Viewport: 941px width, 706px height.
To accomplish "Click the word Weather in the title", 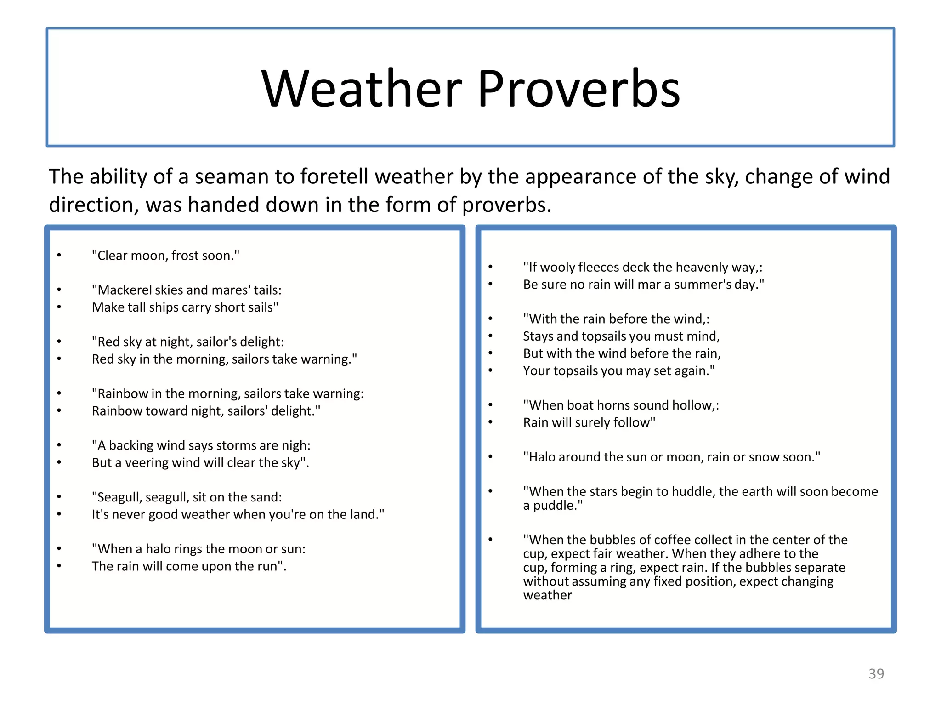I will coord(362,88).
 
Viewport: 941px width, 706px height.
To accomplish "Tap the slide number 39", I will coord(876,673).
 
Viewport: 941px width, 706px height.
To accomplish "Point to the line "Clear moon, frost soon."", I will coord(165,256).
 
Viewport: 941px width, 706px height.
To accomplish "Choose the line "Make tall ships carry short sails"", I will coord(185,307).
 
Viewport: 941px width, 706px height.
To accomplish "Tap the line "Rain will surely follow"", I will coord(589,422).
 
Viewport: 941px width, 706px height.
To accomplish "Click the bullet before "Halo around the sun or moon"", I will coord(490,457).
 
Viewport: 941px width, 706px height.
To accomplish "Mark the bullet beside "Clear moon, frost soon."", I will coord(59,256).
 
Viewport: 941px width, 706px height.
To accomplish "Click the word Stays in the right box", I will coord(538,336).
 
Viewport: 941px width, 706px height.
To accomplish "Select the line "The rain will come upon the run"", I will coord(188,566).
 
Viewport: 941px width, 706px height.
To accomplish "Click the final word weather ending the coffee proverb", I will coord(547,595).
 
